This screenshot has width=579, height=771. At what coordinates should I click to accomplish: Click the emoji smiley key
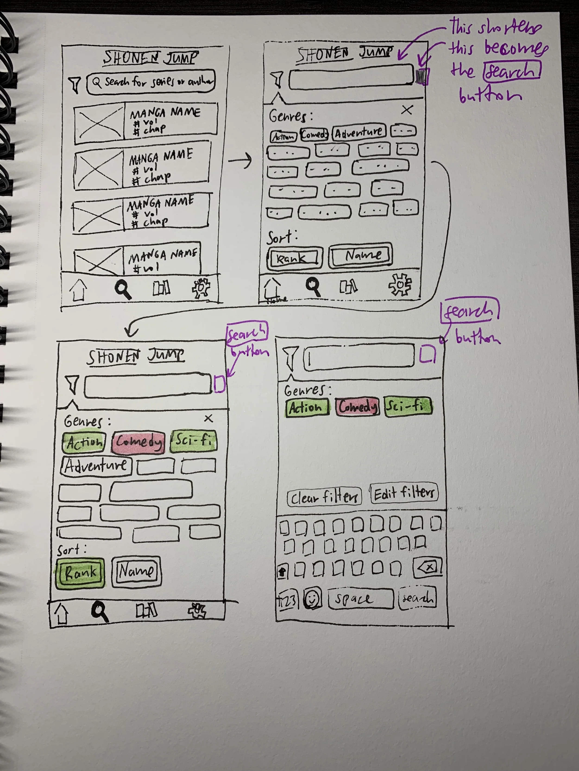(x=313, y=599)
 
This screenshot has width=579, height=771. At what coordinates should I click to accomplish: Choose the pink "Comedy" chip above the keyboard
(x=357, y=406)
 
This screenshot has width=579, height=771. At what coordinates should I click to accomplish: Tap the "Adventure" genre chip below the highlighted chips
(x=96, y=466)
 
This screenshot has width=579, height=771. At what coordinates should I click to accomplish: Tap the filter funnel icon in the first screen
(x=75, y=84)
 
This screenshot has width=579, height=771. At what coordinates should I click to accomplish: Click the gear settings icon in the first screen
(x=201, y=288)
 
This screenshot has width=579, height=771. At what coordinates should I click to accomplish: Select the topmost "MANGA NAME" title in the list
(x=165, y=113)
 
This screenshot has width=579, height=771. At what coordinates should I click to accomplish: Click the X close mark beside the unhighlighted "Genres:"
(x=407, y=110)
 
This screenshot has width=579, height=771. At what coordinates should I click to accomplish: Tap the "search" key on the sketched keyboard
(x=417, y=598)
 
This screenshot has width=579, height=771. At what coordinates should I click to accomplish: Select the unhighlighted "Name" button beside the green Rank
(x=136, y=571)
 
